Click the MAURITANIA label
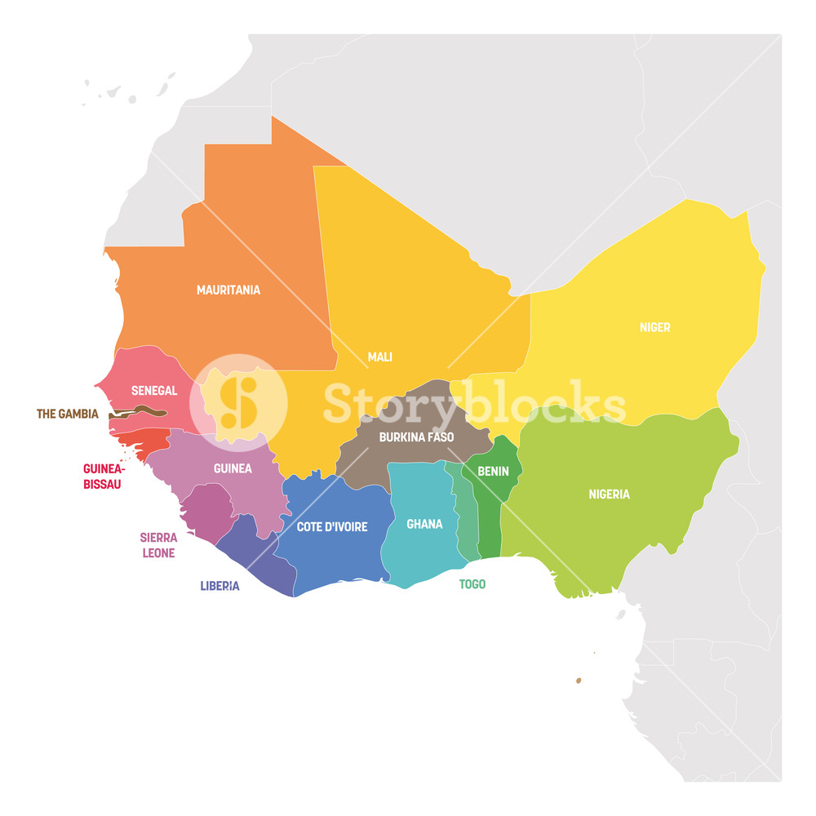click(228, 290)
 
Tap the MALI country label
click(379, 357)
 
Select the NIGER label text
click(654, 327)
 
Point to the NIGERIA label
click(609, 494)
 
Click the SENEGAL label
click(154, 391)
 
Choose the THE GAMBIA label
click(67, 414)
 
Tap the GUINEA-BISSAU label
click(102, 477)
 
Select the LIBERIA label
click(220, 586)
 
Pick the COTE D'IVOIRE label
click(332, 527)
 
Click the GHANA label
click(424, 524)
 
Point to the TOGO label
click(472, 584)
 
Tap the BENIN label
click(493, 471)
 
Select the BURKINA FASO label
click(416, 437)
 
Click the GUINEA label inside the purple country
click(233, 468)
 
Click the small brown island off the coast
click(579, 680)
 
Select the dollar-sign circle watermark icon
click(238, 402)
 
